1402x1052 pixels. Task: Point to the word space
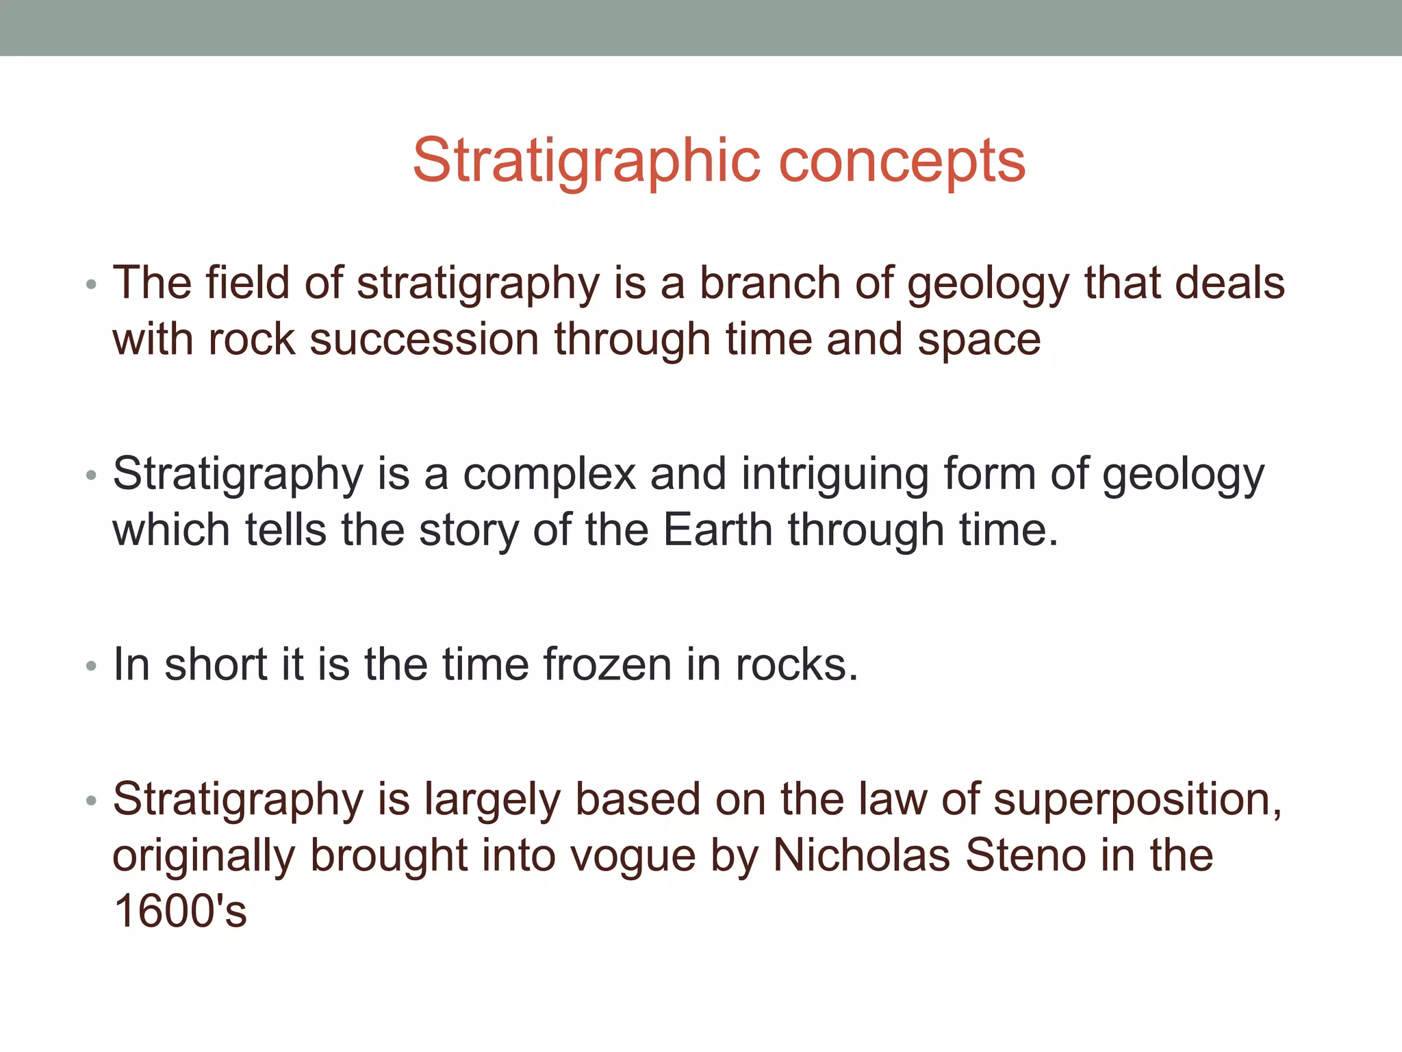tap(979, 340)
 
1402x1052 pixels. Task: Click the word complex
tap(550, 474)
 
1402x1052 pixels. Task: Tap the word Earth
tap(718, 530)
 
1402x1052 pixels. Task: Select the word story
tap(468, 531)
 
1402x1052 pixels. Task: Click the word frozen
tap(608, 664)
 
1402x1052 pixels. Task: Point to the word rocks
tap(797, 664)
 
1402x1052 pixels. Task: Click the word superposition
tap(1137, 799)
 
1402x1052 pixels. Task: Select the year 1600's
tap(180, 911)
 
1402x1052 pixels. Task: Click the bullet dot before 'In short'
tap(91, 666)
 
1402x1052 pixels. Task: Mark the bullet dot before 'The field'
tap(91, 284)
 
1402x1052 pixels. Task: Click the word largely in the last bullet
tap(492, 801)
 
